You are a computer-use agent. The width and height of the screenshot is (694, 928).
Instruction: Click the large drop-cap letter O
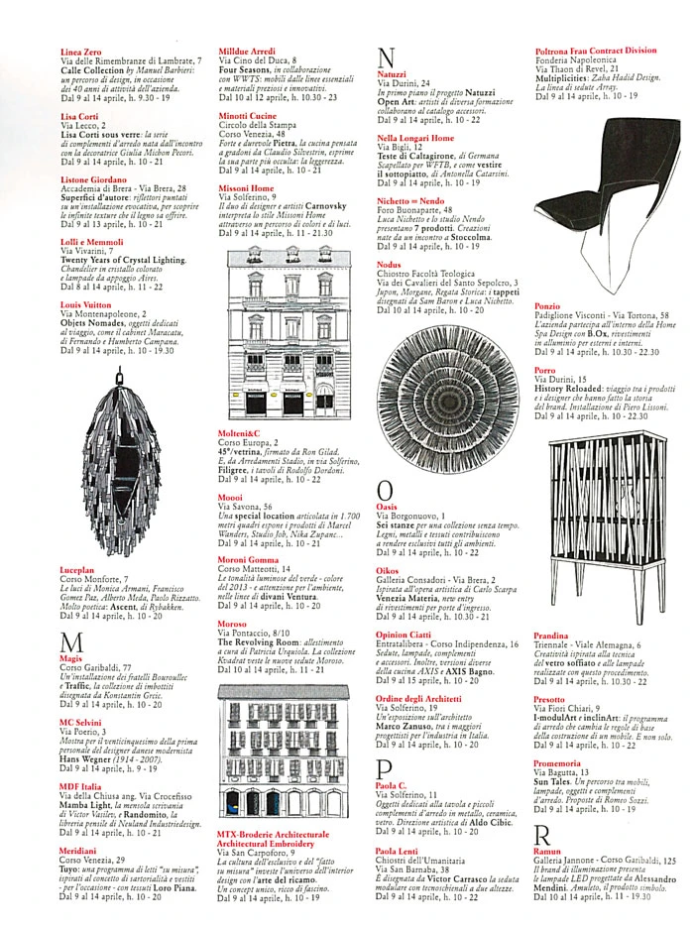point(387,490)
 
